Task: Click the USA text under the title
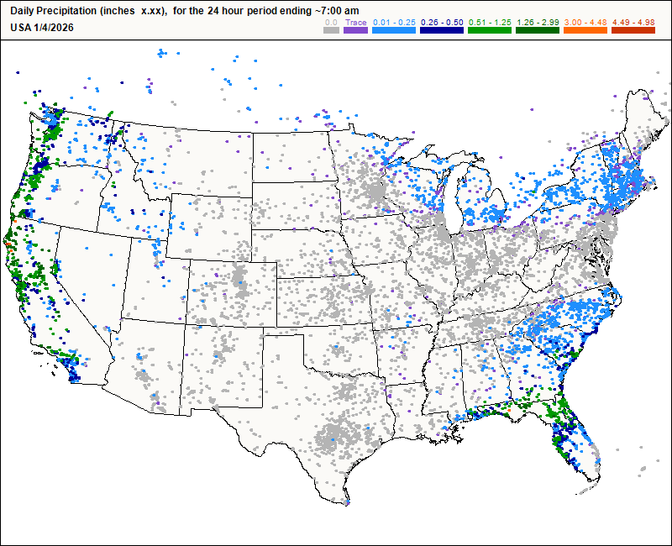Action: pyautogui.click(x=21, y=27)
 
